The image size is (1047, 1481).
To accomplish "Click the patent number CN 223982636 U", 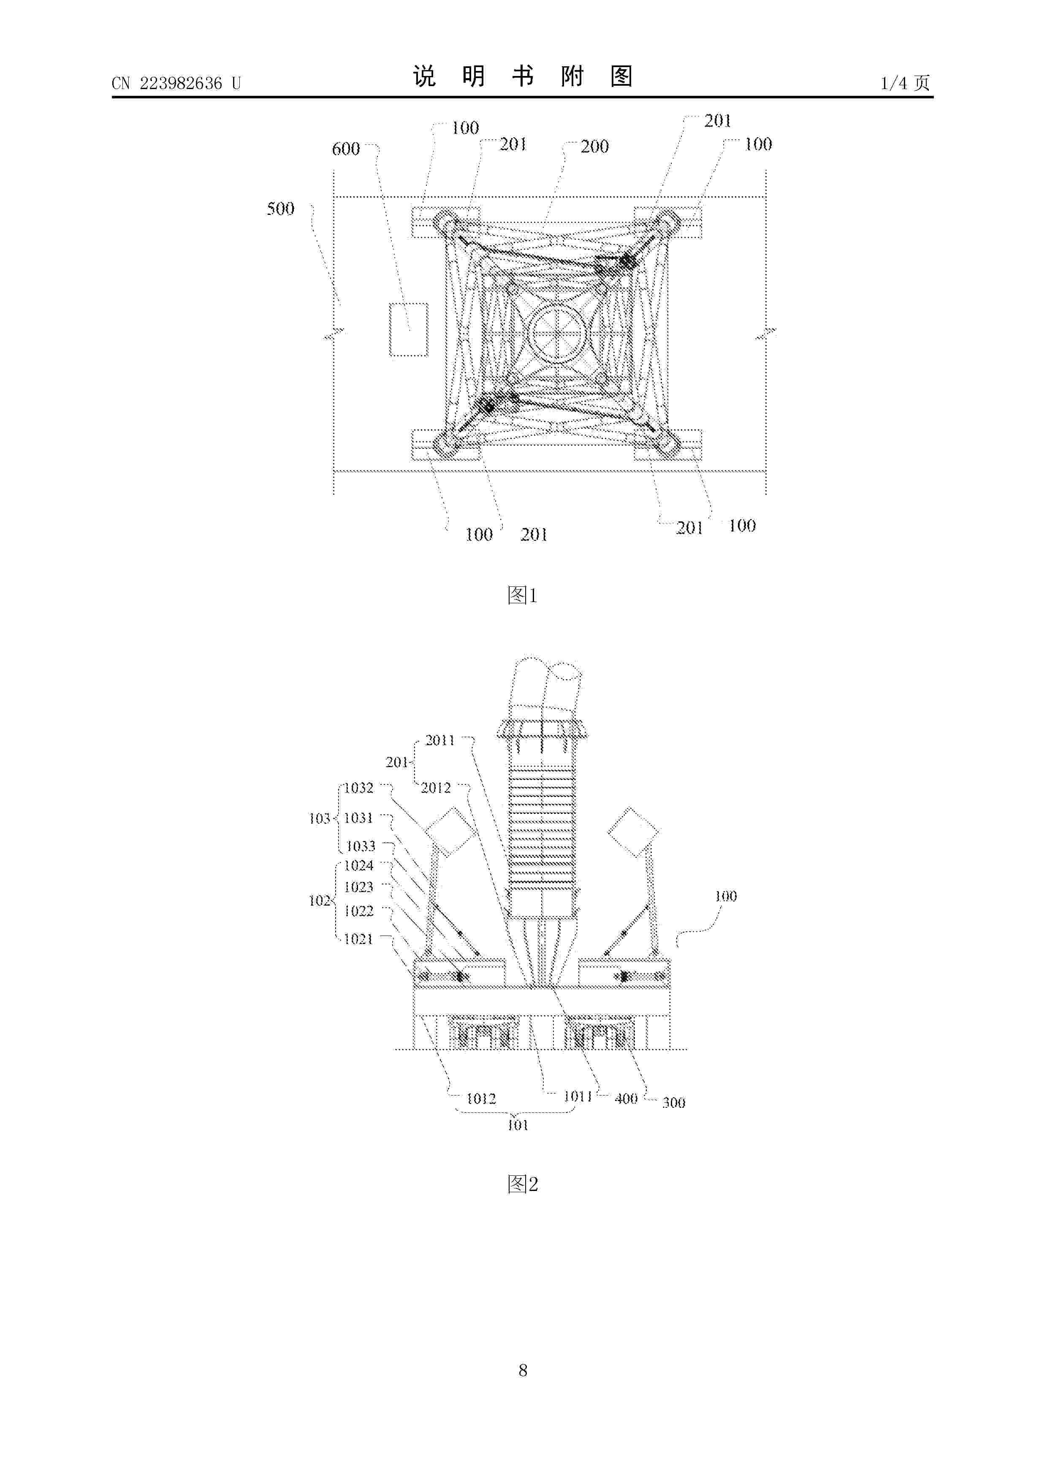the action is pyautogui.click(x=176, y=83).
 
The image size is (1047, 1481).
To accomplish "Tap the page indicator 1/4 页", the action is pyautogui.click(x=906, y=83).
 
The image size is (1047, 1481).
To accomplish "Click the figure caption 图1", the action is pyautogui.click(x=523, y=595).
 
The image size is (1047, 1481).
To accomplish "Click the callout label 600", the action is pyautogui.click(x=346, y=149).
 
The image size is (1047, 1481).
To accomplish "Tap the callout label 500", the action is pyautogui.click(x=281, y=209).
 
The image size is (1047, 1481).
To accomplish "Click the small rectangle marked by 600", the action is pyautogui.click(x=408, y=330).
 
